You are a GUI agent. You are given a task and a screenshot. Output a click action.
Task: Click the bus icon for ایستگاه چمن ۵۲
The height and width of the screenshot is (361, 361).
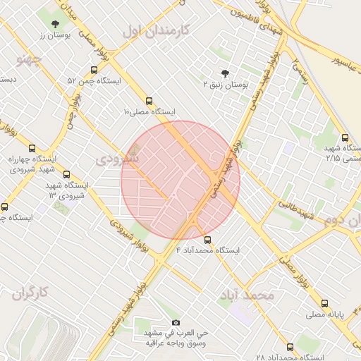pyautogui.click(x=94, y=70)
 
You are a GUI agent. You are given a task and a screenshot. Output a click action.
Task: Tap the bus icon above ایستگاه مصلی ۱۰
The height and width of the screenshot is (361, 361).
pyautogui.click(x=148, y=101)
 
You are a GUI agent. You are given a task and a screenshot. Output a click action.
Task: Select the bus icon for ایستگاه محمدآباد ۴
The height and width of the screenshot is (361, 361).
pyautogui.click(x=207, y=240)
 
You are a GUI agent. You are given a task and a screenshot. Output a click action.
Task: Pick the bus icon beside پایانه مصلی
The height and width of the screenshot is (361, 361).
pyautogui.click(x=310, y=307)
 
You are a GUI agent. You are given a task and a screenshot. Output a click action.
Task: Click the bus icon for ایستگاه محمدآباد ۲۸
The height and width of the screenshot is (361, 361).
pyautogui.click(x=290, y=347)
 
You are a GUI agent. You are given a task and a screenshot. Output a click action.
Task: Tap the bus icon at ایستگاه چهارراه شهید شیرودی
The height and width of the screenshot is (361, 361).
pyautogui.click(x=32, y=148)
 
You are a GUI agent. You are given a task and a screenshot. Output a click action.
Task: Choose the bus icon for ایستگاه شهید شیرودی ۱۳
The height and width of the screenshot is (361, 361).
pyautogui.click(x=67, y=174)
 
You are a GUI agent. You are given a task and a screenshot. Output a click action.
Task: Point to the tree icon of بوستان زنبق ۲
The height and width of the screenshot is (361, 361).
pyautogui.click(x=226, y=73)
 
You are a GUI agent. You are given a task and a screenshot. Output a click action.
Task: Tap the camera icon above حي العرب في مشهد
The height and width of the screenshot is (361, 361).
pyautogui.click(x=176, y=322)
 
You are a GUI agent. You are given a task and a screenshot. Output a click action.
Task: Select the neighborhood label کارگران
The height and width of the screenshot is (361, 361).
pyautogui.click(x=30, y=293)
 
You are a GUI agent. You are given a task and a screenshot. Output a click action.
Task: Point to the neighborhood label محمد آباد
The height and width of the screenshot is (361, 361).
pyautogui.click(x=246, y=295)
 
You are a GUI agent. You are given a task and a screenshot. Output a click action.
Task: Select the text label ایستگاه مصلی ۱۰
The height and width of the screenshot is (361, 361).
pyautogui.click(x=149, y=111)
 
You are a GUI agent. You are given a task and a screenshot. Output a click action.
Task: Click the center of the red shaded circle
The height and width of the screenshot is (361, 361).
pyautogui.click(x=180, y=180)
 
